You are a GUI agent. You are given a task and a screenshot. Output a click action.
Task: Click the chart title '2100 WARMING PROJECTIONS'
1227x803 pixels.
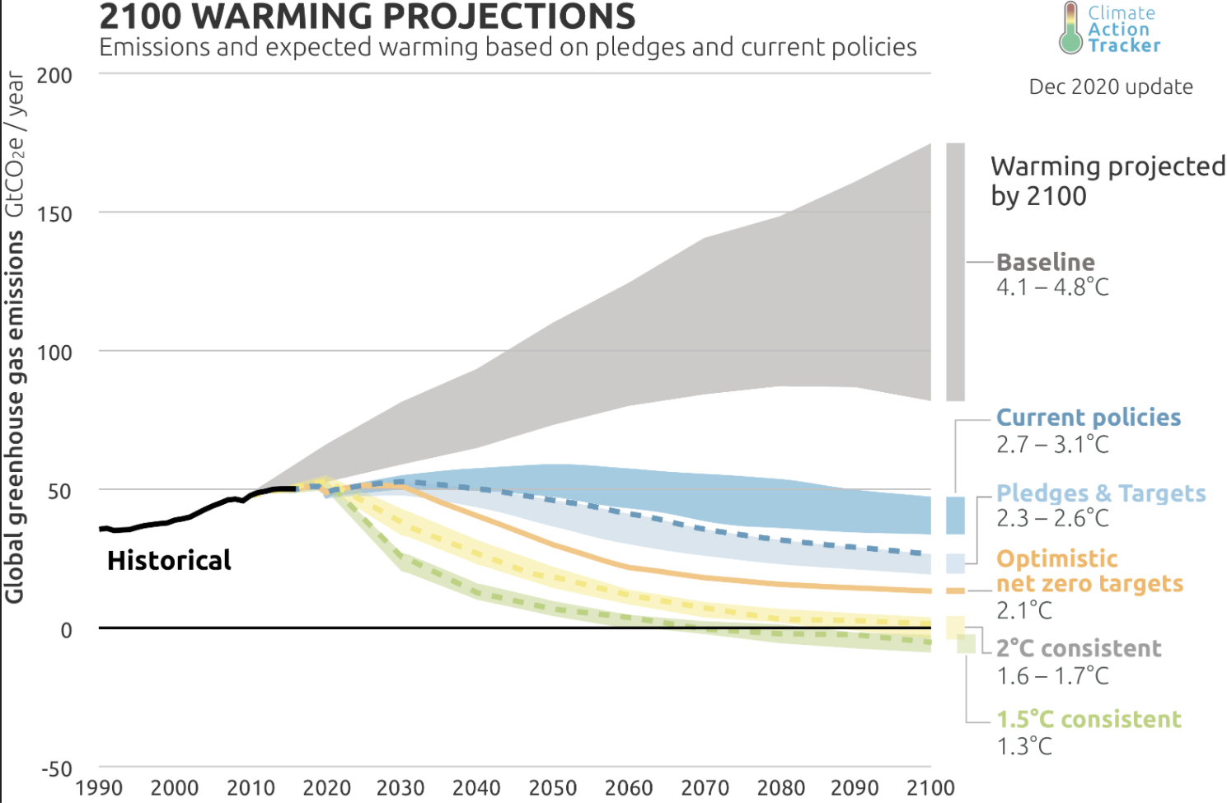coord(367,16)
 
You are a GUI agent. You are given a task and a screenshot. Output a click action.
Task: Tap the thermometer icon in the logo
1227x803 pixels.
coord(1070,29)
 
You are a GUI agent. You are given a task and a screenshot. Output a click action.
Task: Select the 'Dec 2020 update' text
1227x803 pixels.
coord(1110,87)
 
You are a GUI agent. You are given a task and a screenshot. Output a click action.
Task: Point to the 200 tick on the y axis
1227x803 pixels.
coord(54,76)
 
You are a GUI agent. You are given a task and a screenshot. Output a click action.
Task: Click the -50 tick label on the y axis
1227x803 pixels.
coord(57,769)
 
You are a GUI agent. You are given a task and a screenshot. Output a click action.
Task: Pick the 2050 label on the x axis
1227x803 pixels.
coord(552,788)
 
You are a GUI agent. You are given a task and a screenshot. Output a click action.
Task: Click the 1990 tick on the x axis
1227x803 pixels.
coord(99,788)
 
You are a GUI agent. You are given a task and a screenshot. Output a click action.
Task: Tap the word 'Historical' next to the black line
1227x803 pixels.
coord(169,561)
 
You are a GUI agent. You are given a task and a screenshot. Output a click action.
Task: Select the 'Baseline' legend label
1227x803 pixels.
coord(1045,263)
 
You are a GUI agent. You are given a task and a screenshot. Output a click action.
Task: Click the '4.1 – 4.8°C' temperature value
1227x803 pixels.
coord(1052,287)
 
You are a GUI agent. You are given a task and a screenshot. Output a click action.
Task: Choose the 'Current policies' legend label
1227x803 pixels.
coord(1088,418)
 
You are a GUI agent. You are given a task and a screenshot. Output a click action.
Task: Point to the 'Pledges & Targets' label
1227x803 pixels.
coord(1100,493)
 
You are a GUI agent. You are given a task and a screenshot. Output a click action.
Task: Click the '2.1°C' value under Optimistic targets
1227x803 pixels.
coord(1023,610)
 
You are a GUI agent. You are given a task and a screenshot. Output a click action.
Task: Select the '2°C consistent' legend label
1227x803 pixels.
coord(1078,649)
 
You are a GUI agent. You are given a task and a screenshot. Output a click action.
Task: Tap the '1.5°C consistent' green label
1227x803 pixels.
coord(1088,720)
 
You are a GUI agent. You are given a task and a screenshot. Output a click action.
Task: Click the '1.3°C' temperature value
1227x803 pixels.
coord(1023,746)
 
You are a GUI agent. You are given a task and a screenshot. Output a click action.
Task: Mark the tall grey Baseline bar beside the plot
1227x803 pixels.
coord(955,272)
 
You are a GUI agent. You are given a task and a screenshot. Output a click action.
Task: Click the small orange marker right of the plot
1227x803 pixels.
coord(955,591)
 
